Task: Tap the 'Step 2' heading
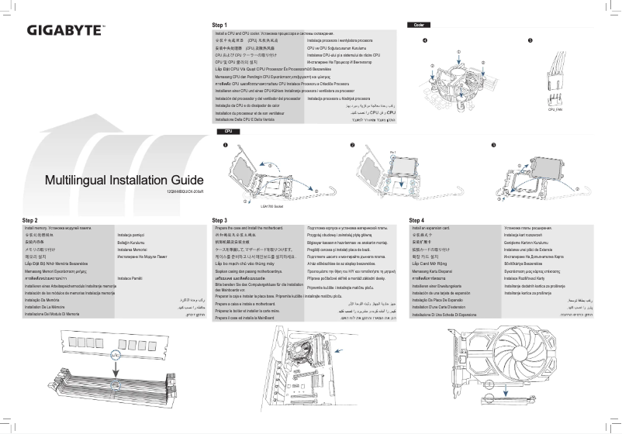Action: [x=30, y=221]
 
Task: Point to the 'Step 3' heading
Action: [x=220, y=221]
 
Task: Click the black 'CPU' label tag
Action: [x=228, y=132]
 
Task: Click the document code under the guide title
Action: [x=185, y=191]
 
